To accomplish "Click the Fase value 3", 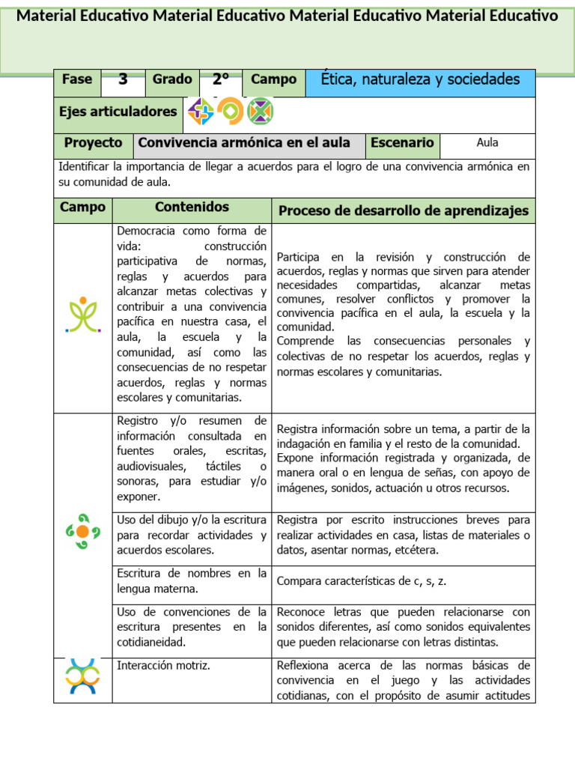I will tap(123, 79).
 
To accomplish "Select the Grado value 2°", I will tap(220, 79).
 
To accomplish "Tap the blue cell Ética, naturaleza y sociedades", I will tap(420, 79).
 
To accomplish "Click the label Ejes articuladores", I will tap(118, 112).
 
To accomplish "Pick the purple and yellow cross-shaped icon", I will tap(201, 112).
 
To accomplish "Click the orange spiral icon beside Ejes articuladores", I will tap(231, 112).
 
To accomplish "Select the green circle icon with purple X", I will tap(261, 112).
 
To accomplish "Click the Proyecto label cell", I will tap(93, 142).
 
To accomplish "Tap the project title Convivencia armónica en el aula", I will tap(249, 142).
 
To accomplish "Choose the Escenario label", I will tap(402, 142).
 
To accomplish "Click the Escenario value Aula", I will tap(487, 142).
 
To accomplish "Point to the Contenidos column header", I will tap(192, 207).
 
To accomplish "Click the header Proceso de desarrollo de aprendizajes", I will tap(404, 211).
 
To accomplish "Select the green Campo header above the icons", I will tap(82, 207).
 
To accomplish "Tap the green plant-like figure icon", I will tap(82, 315).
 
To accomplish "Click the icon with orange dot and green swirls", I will tap(82, 531).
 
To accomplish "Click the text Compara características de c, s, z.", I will tap(362, 580).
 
